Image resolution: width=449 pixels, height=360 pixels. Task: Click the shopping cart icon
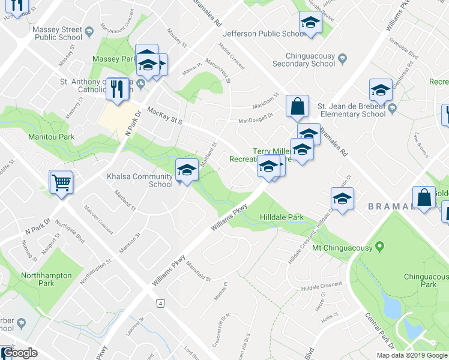coord(61,181)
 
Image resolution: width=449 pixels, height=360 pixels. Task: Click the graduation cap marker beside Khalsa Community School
coord(187,170)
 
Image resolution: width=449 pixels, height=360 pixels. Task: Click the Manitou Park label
coord(51,137)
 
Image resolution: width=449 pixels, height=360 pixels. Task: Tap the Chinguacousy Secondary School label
coord(304,59)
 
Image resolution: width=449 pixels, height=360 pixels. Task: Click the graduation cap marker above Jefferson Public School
coord(310,22)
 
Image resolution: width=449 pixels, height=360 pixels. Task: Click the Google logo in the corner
coord(19,353)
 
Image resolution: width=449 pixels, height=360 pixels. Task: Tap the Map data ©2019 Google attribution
coord(412,355)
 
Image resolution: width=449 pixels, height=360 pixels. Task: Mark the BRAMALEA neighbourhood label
coord(390,206)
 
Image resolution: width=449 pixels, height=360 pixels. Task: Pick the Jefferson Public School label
coord(261,34)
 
